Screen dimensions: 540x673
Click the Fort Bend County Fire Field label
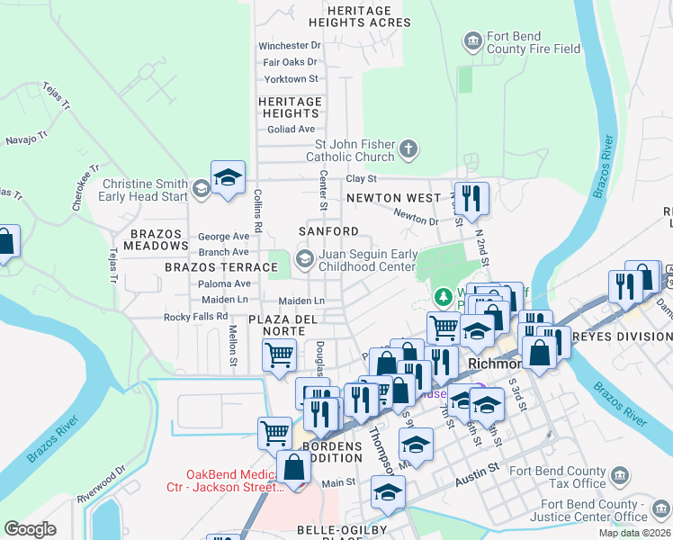[x=534, y=42]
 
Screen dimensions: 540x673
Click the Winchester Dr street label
[x=289, y=45]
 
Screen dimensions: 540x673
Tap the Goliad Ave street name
[x=289, y=129]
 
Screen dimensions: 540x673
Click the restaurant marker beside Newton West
[x=471, y=197]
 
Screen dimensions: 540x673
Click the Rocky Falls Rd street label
[x=195, y=317]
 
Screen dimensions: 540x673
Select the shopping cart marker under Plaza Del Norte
[x=279, y=355]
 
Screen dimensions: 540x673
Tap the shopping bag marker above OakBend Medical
[x=293, y=468]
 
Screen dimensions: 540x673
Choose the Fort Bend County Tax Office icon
[x=621, y=476]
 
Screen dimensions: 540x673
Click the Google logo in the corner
[x=30, y=529]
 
